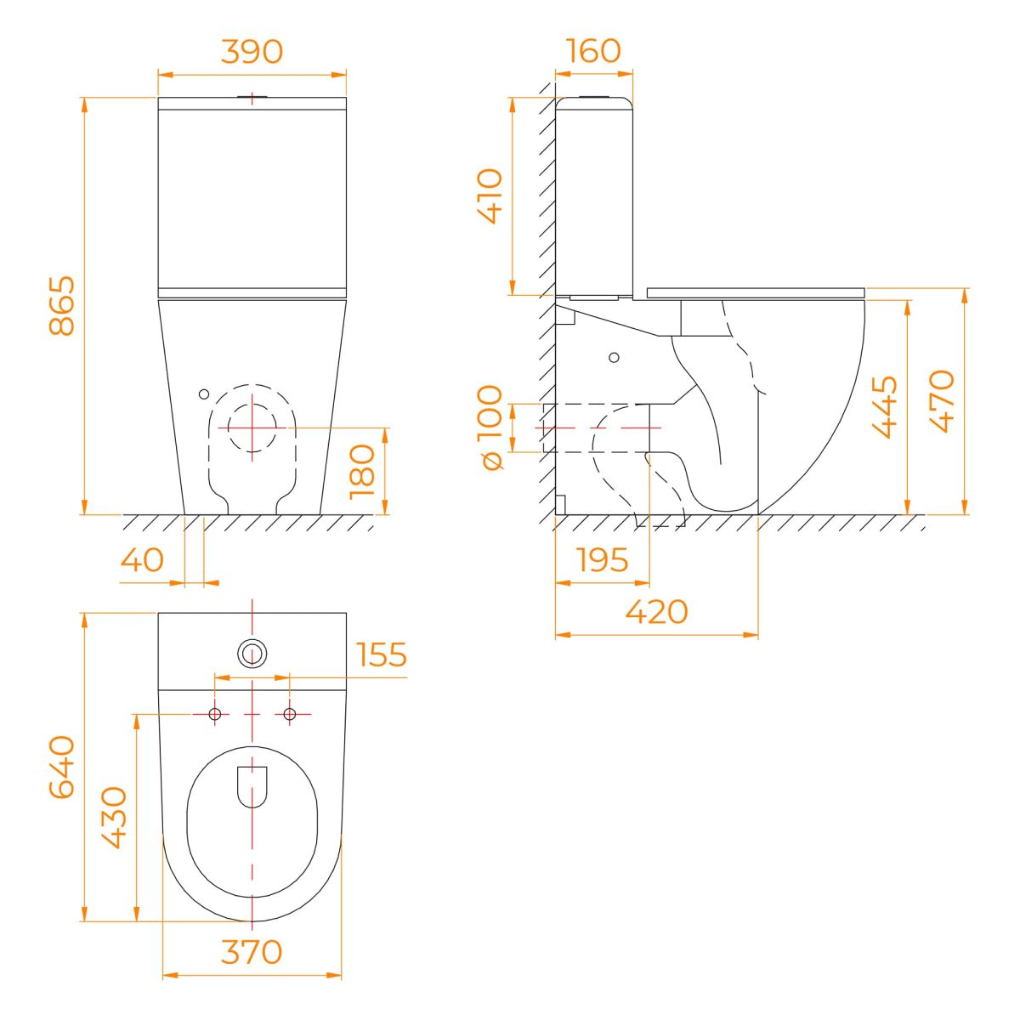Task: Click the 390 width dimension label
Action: (252, 51)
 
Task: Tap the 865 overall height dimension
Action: (62, 305)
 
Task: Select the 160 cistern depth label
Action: (593, 51)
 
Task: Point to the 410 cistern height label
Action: (490, 195)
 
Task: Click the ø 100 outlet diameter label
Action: (490, 428)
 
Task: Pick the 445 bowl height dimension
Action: (885, 407)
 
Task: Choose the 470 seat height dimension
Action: (942, 401)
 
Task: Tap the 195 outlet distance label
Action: (602, 559)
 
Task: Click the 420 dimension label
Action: (656, 612)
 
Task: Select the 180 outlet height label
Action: (362, 472)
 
